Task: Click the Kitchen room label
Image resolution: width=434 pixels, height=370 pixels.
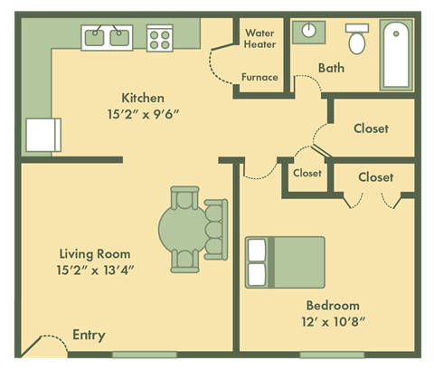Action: tap(143, 97)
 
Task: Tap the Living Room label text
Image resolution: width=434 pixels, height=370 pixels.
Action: tap(95, 254)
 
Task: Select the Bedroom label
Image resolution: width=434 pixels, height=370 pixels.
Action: tap(332, 305)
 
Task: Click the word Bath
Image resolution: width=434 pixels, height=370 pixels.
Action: tap(331, 67)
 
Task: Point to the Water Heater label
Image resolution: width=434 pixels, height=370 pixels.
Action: tap(260, 39)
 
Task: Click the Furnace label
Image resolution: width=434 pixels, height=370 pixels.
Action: tap(259, 77)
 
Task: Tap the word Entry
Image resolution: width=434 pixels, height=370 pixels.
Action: tap(89, 336)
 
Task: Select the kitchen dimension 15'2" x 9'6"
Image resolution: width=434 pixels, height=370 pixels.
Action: tap(143, 114)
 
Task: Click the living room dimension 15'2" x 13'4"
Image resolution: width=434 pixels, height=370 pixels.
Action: tap(95, 270)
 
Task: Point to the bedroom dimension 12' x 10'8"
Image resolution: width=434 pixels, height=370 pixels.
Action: tap(332, 321)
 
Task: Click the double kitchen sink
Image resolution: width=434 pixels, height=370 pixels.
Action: tap(108, 37)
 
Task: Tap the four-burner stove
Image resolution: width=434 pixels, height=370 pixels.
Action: tap(160, 37)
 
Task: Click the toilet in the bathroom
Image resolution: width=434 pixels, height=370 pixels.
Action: tap(357, 39)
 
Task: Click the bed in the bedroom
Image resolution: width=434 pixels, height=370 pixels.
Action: tap(285, 261)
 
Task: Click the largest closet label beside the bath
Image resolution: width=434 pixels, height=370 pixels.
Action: tap(371, 128)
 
